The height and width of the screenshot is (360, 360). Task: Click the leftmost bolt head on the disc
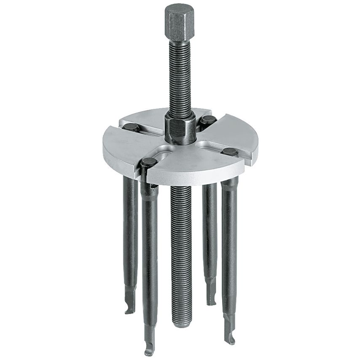[130, 126]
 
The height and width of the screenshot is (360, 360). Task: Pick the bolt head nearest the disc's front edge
[149, 161]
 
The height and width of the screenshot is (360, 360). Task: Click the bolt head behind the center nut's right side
[207, 120]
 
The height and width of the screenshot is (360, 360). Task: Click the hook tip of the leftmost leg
[128, 311]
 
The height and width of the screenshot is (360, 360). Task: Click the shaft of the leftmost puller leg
[130, 236]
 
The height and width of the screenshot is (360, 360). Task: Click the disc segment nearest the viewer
[198, 167]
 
